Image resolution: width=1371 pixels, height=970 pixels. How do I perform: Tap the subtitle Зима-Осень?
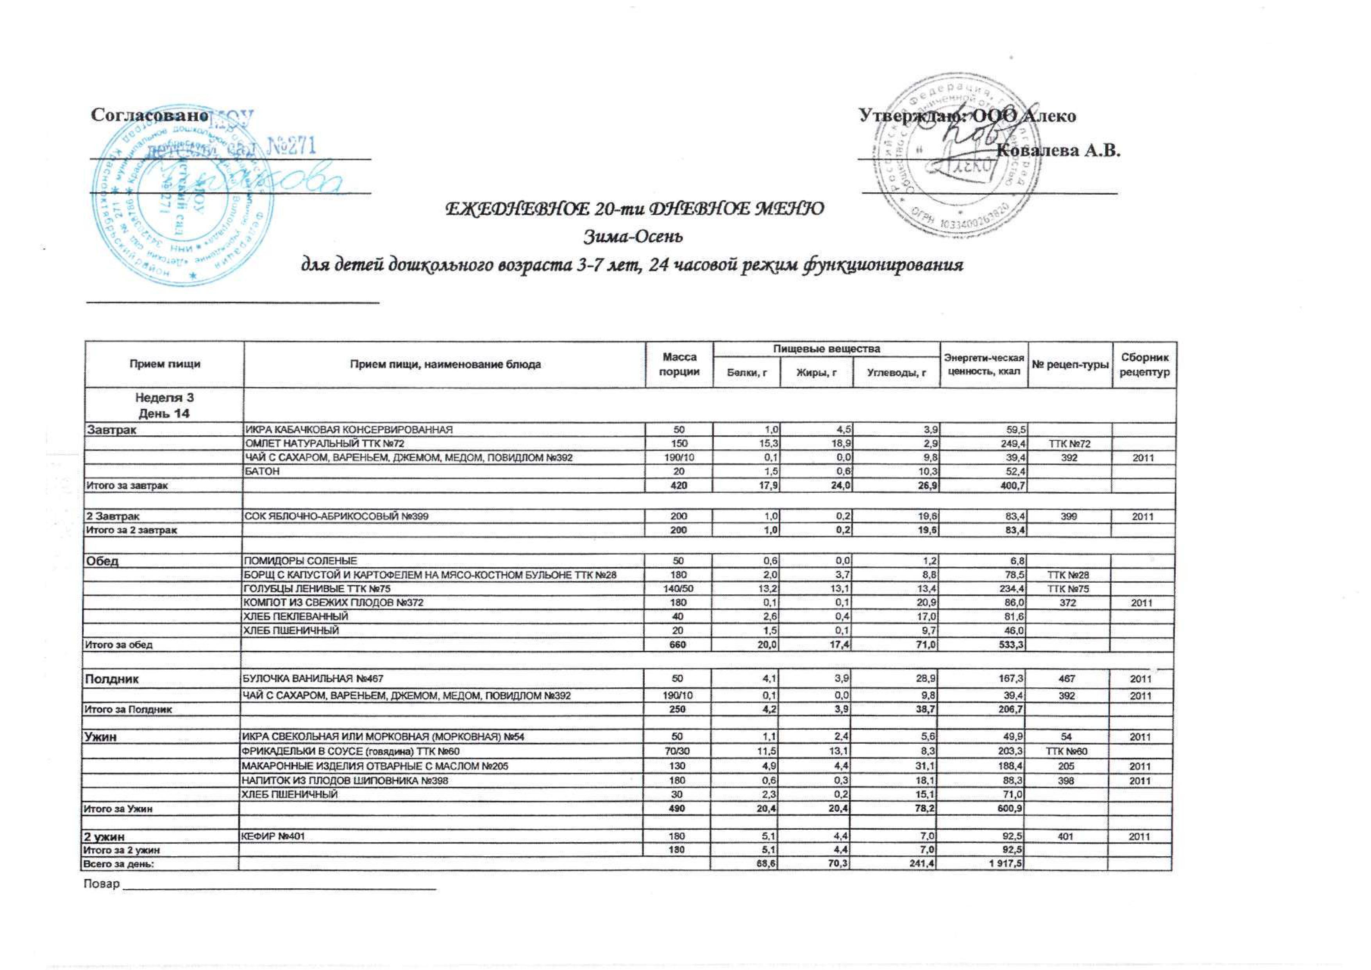pos(632,237)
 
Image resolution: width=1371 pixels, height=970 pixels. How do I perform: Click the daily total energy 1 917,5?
pos(1001,864)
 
